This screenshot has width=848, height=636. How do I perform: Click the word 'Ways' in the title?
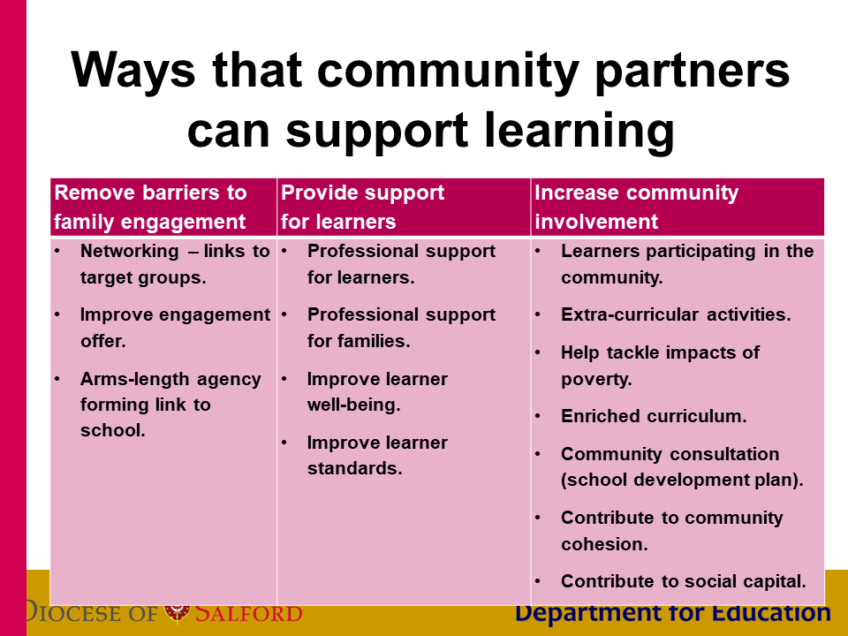point(132,72)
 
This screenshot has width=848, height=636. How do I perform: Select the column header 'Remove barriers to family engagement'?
point(150,207)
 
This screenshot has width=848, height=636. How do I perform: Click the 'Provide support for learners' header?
point(362,207)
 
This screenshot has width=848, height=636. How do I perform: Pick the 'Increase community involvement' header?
point(637,207)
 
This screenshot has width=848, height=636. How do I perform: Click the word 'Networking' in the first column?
point(129,251)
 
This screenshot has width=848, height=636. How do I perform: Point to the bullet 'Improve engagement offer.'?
point(175,328)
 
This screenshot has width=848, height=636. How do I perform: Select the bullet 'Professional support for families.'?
point(401,328)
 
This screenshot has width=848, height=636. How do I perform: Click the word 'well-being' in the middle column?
point(352,405)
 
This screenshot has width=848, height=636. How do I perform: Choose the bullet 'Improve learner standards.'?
point(377,456)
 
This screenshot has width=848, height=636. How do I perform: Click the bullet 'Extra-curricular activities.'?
point(676,314)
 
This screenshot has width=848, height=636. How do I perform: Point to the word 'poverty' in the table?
point(594,380)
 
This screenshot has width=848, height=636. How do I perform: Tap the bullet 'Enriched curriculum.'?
point(654,416)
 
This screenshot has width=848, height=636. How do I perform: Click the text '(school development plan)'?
point(680,481)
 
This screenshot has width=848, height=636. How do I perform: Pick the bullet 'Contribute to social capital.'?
point(684,581)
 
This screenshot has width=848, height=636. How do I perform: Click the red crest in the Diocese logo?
point(177,613)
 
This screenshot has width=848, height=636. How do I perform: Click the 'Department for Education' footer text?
point(673,613)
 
